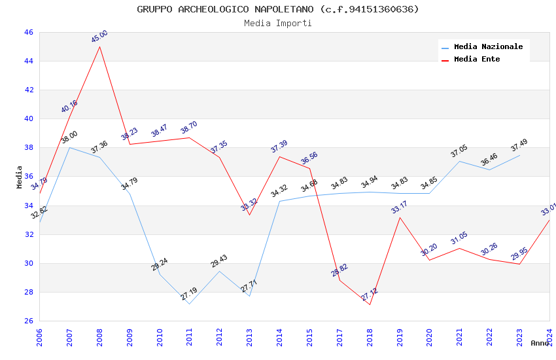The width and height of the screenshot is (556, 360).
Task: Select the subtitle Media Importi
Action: [x=278, y=23]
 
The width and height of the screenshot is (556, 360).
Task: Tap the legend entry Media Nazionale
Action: [x=488, y=46]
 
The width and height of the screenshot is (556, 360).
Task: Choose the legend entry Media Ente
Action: [x=477, y=59]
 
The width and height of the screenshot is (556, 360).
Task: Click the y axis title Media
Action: [x=20, y=177]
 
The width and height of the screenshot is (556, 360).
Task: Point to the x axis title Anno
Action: [x=540, y=343]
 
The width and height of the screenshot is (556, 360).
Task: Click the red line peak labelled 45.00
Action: [x=99, y=46]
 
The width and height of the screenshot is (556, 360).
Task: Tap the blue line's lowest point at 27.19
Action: [x=190, y=304]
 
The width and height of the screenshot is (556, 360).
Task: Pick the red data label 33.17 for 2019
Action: [x=399, y=207]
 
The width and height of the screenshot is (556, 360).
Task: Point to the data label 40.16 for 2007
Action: [x=69, y=107]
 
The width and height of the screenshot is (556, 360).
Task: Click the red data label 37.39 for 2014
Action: [x=279, y=147]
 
